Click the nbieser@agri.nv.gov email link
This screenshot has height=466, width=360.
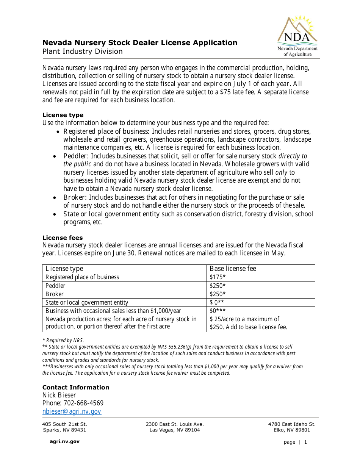(72, 411)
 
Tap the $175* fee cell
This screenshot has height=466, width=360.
(218, 277)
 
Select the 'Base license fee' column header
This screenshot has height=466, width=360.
(233, 269)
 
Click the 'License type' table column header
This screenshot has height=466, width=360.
(64, 269)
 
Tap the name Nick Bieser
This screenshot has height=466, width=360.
(59, 395)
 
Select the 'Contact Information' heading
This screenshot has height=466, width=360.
(75, 387)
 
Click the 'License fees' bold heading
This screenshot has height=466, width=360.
(62, 238)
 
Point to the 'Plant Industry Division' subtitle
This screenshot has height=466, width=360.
(82, 52)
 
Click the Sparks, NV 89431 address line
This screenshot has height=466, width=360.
(64, 430)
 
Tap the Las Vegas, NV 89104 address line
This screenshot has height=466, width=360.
(175, 430)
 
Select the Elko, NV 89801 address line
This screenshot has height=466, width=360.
(292, 430)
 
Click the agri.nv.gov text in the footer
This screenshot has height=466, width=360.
(64, 441)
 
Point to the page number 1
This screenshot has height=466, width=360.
(305, 442)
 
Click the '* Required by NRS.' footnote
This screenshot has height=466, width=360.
(63, 340)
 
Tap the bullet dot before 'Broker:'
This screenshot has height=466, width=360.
(55, 198)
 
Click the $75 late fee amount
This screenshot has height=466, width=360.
(226, 92)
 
